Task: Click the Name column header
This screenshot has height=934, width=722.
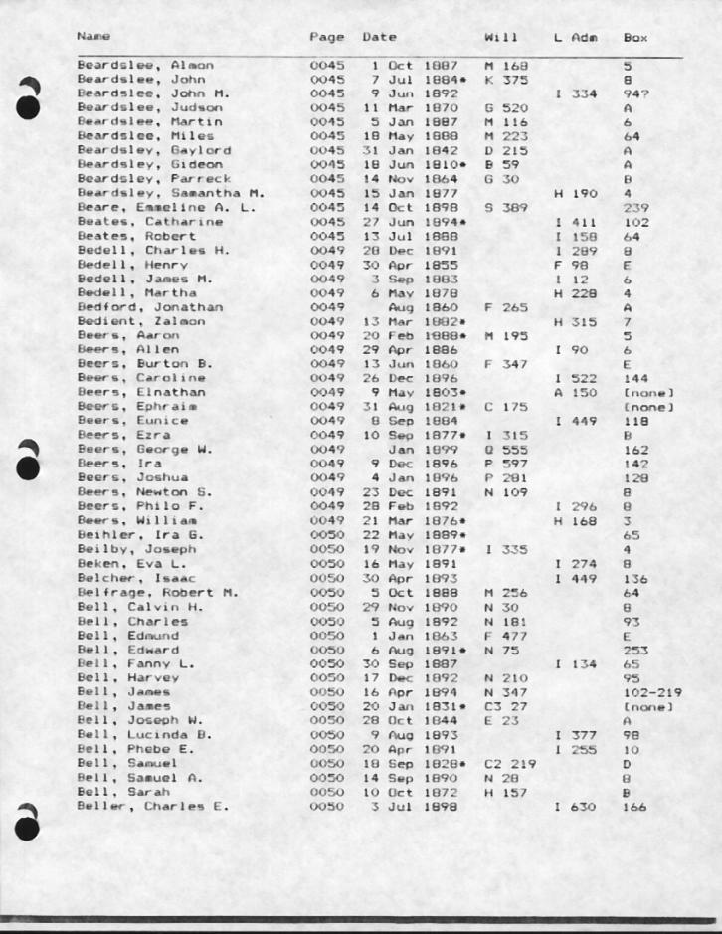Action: pos(92,38)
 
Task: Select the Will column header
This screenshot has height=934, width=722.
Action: pos(497,38)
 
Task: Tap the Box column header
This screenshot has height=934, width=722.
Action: pos(634,38)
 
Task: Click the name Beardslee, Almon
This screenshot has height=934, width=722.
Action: pos(130,65)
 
